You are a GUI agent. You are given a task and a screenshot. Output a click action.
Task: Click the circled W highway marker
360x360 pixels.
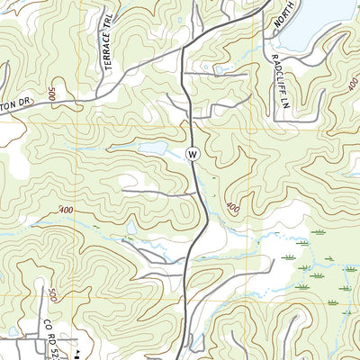(x=192, y=154)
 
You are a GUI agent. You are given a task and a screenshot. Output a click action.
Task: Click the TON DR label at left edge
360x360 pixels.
(x=15, y=104)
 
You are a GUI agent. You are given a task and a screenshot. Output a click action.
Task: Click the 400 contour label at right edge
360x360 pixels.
(x=349, y=82)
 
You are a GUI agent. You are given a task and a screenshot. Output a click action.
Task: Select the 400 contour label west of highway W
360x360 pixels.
(x=65, y=210)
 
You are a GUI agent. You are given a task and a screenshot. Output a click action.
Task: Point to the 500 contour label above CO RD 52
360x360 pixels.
(x=53, y=294)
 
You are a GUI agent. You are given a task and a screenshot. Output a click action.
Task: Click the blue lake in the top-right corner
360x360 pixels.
(x=315, y=18)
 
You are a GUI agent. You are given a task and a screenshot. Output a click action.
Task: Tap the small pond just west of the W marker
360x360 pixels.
(x=153, y=147)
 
